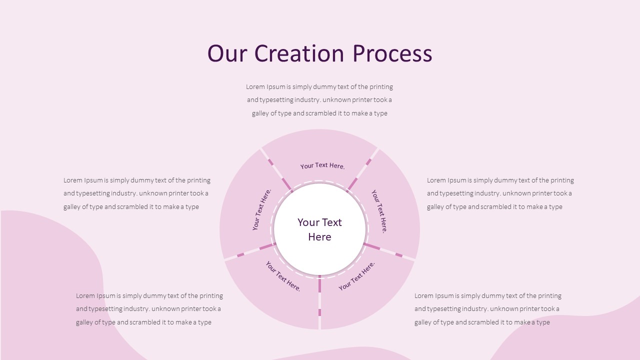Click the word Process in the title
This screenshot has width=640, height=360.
[392, 53]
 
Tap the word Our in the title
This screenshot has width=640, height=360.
[226, 53]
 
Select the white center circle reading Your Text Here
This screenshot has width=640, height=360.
[319, 229]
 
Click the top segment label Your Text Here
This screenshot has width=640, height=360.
[322, 165]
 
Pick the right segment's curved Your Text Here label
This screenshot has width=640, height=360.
[379, 211]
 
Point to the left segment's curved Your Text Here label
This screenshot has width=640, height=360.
[261, 209]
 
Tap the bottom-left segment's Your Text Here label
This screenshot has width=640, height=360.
[283, 276]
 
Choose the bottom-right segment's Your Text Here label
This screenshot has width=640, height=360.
[356, 275]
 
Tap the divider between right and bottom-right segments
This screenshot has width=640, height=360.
[389, 251]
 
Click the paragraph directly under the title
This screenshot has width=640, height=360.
[319, 100]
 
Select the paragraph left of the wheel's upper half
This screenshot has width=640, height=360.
[136, 193]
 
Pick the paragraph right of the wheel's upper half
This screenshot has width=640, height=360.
[500, 193]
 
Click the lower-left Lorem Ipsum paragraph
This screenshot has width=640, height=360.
[149, 309]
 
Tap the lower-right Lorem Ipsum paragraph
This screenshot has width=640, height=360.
[487, 309]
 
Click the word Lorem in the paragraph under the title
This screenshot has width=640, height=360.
[254, 87]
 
